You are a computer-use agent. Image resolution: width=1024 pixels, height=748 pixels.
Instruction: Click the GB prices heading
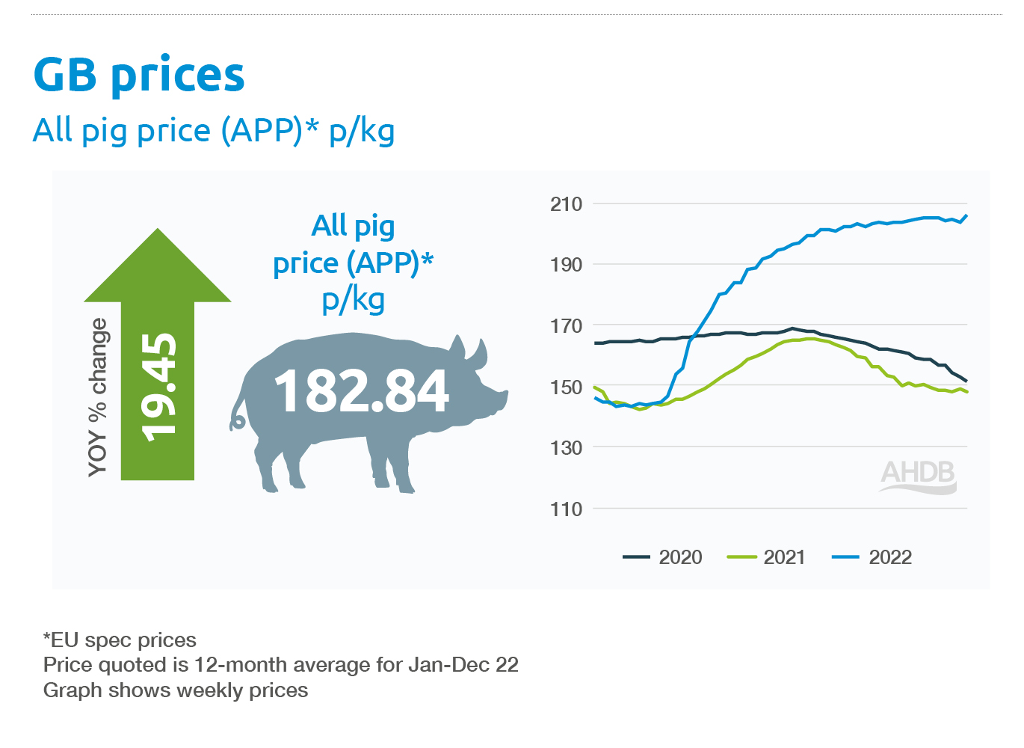[x=139, y=75]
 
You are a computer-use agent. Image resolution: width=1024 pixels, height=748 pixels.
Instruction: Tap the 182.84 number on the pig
[x=362, y=390]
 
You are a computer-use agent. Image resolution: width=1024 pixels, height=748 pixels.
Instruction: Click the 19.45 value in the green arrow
[x=159, y=387]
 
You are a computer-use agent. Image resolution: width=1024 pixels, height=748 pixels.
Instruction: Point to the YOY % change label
[x=98, y=397]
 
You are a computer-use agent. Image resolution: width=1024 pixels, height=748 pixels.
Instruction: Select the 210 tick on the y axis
[x=566, y=204]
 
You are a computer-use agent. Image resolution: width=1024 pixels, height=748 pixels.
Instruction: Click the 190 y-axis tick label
[x=566, y=265]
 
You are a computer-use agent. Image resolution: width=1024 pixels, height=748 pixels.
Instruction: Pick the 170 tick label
[x=566, y=326]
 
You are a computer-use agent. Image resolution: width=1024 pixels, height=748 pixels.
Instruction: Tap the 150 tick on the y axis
[x=566, y=387]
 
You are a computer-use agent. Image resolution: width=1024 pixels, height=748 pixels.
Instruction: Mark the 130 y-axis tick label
[x=566, y=448]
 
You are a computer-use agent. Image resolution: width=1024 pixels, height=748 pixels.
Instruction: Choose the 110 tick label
[x=566, y=509]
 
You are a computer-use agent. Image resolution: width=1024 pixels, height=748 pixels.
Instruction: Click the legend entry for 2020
[x=662, y=557]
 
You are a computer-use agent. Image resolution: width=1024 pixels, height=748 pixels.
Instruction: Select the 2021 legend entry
[x=766, y=557]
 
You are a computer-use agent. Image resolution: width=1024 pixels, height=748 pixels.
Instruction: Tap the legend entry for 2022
[x=872, y=557]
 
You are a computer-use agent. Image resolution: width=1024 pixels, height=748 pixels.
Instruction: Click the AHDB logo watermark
[x=918, y=476]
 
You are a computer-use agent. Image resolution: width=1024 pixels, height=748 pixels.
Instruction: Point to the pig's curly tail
[x=237, y=420]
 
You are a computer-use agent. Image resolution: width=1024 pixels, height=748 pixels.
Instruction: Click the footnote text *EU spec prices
[x=120, y=640]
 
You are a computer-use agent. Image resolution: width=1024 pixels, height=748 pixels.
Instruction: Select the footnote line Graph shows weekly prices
[x=176, y=690]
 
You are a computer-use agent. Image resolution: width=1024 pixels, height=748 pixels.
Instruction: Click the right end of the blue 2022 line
[x=966, y=216]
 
